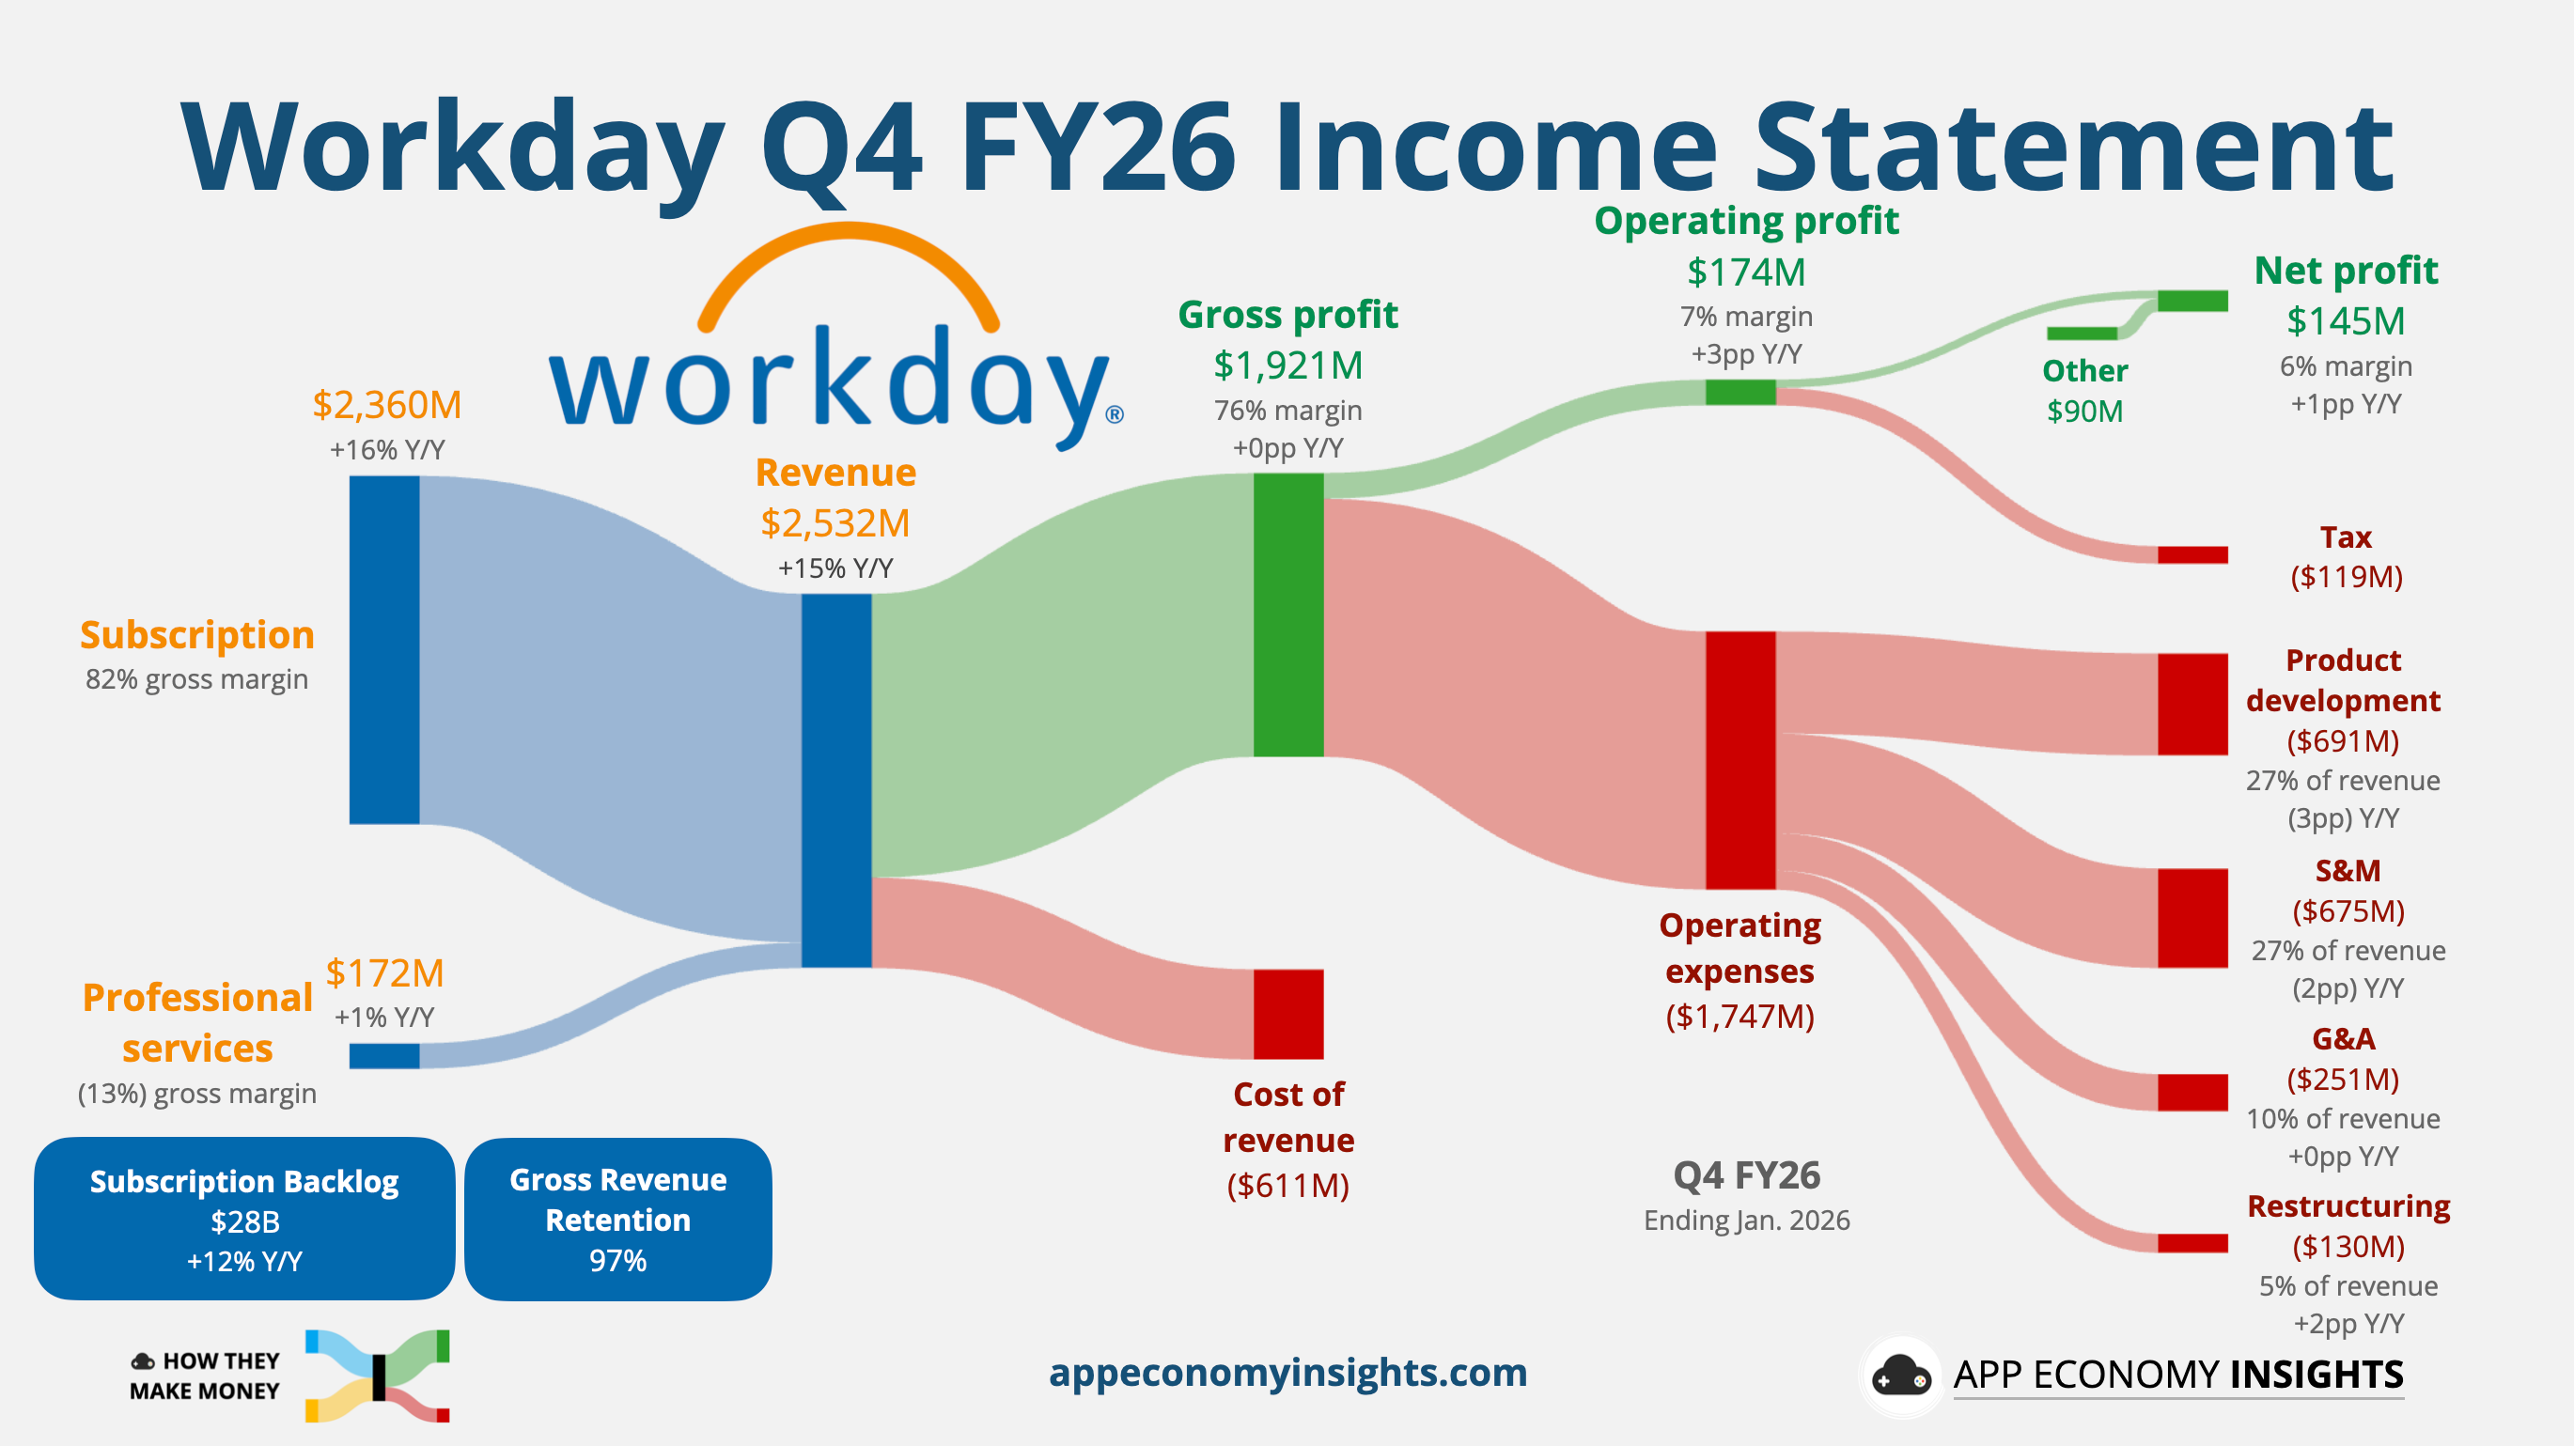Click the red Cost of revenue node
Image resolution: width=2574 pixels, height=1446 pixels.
(1288, 1013)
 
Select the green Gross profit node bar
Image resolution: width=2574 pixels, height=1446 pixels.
(1288, 614)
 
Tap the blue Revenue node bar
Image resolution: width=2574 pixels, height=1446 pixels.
(836, 780)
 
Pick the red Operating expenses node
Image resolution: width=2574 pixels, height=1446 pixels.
(1739, 759)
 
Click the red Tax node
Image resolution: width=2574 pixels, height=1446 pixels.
(2192, 554)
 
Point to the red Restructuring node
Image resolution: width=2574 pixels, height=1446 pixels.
(2192, 1243)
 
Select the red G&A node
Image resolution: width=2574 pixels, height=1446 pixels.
(2192, 1092)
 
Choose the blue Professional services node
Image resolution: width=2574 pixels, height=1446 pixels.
(383, 1055)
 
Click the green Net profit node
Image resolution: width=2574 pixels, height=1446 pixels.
(2192, 301)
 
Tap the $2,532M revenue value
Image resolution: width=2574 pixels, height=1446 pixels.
(835, 522)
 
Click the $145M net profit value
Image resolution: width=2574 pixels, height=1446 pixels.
(2346, 320)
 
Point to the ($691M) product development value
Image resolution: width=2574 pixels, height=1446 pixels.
(2342, 740)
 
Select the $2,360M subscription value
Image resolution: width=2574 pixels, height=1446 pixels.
(386, 405)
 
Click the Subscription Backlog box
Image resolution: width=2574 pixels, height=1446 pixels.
(245, 1219)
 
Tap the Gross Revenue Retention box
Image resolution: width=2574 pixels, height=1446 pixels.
(617, 1220)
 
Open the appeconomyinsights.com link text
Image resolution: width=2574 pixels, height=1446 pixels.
(1287, 1372)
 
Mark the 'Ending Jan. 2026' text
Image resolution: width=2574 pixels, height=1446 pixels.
(1746, 1221)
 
